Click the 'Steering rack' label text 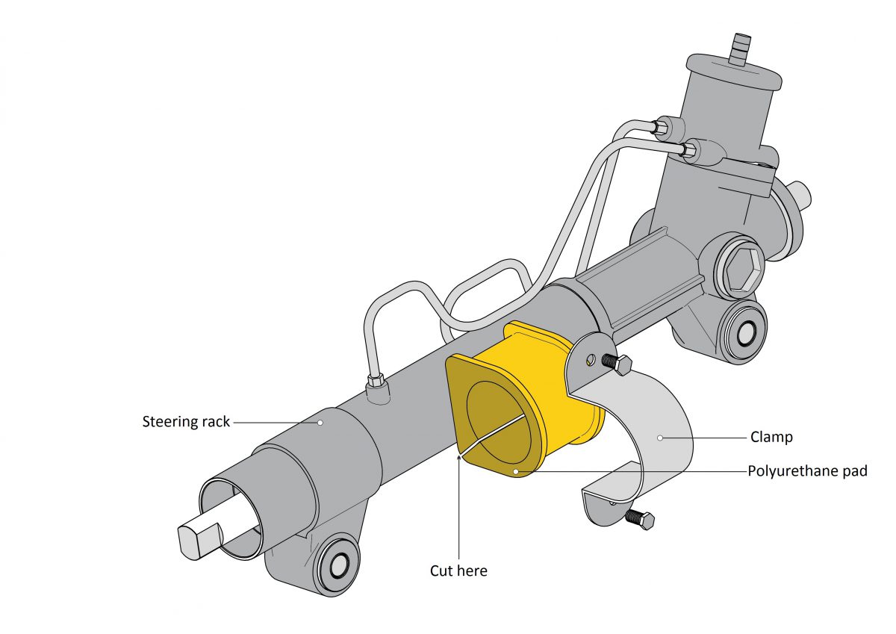click(186, 422)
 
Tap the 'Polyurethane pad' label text click(807, 471)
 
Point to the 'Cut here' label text click(458, 571)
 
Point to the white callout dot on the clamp click(660, 437)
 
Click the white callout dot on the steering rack click(320, 422)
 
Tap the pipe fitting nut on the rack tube click(377, 382)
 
